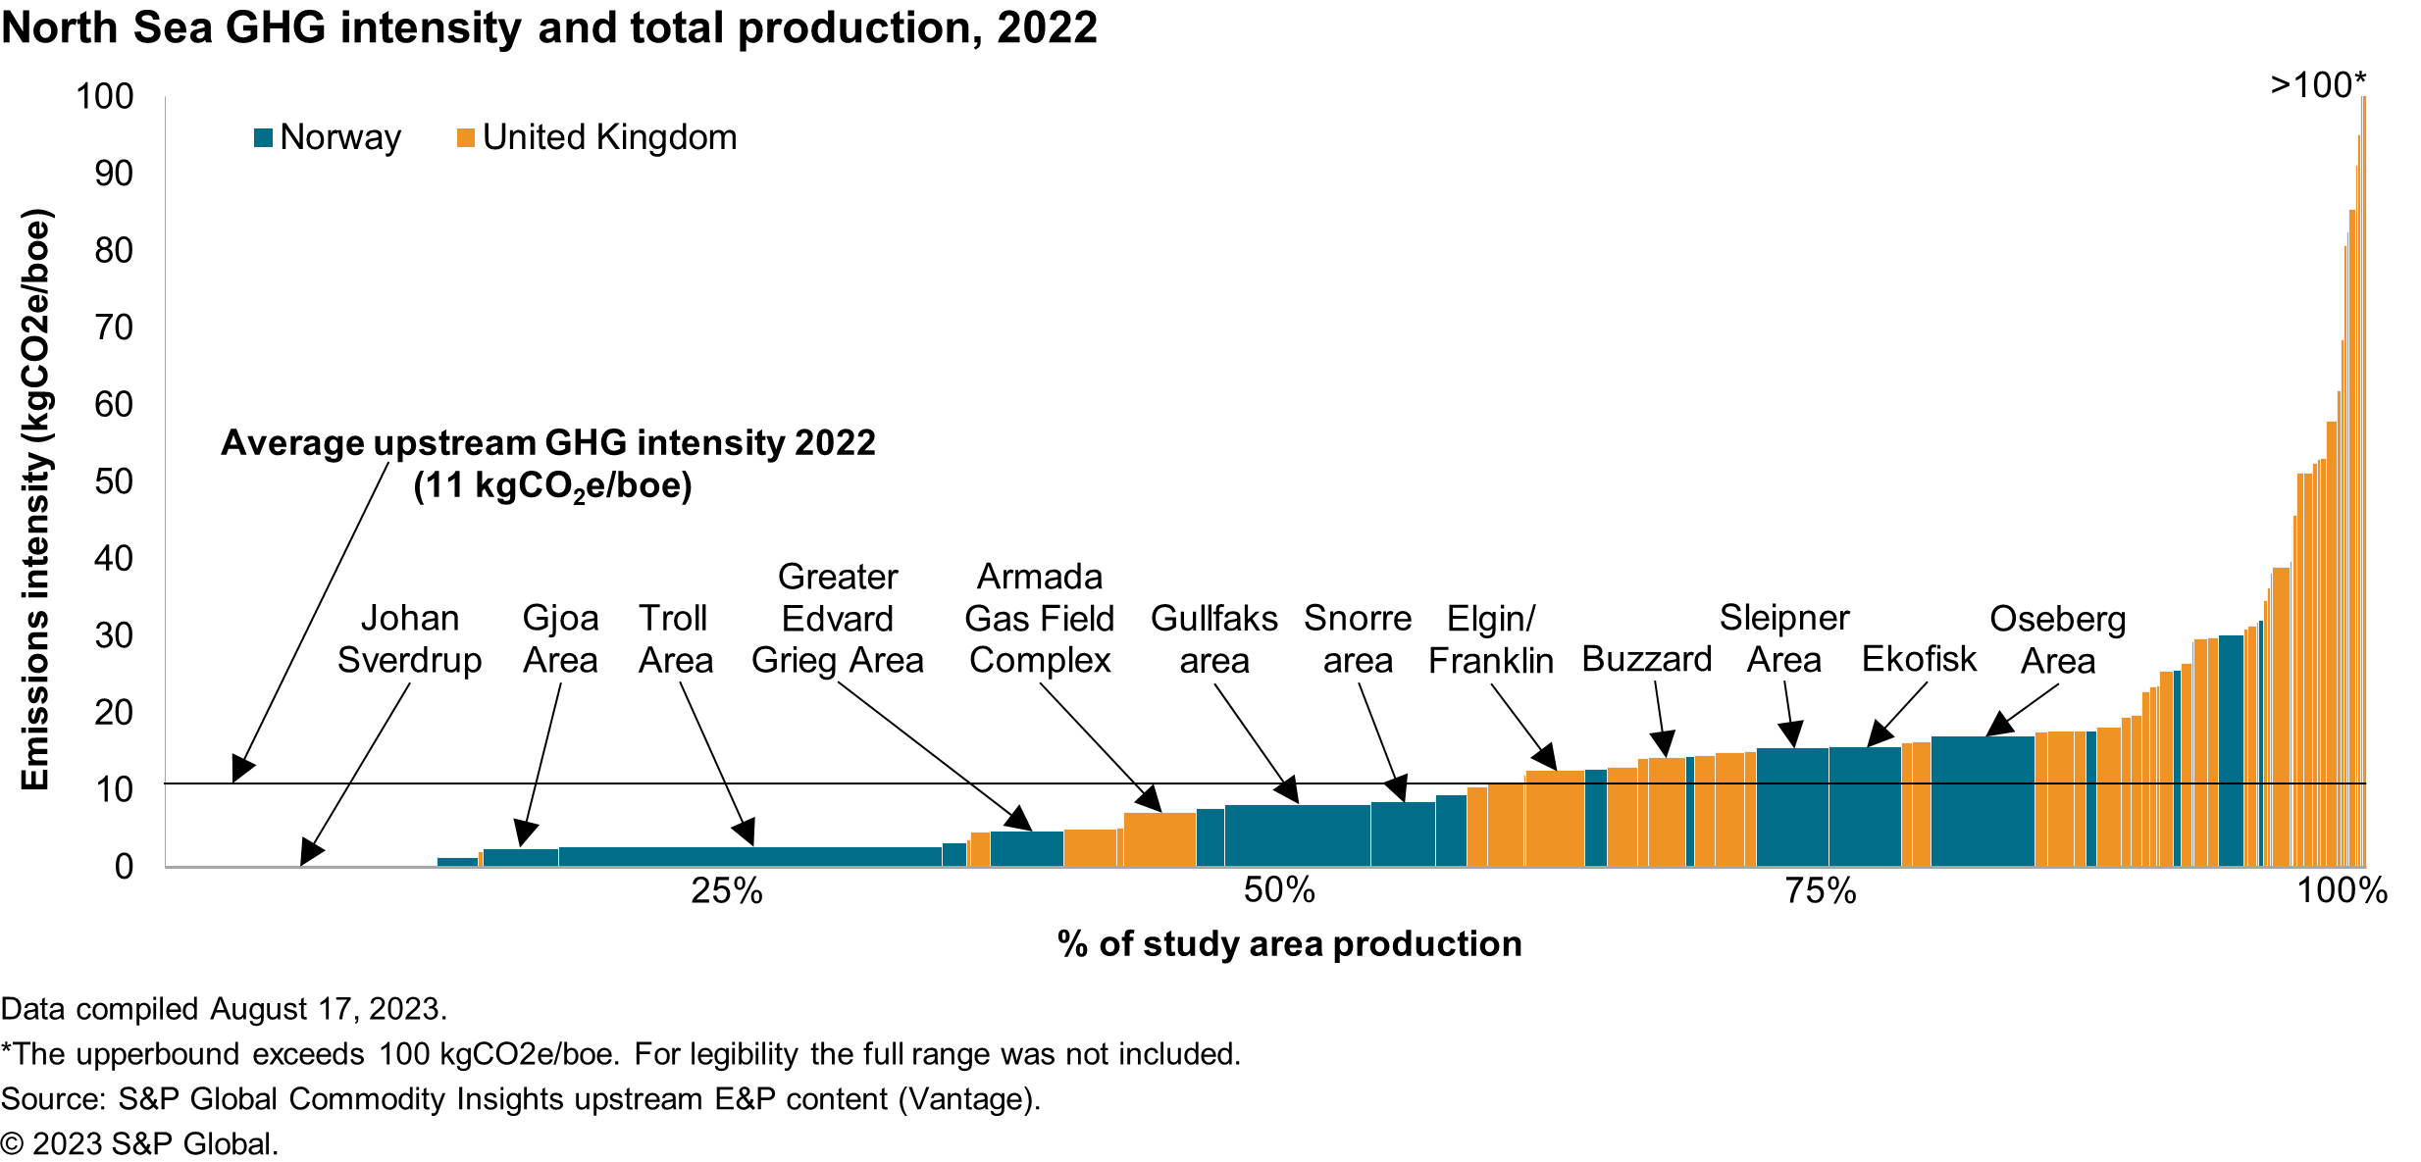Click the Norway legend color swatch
pyautogui.click(x=263, y=138)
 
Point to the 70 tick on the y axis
pyautogui.click(x=114, y=328)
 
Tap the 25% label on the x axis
pyautogui.click(x=726, y=890)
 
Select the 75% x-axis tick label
pyautogui.click(x=1820, y=890)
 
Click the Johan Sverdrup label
pyautogui.click(x=409, y=639)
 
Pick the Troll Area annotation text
pyautogui.click(x=675, y=639)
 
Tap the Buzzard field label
pyautogui.click(x=1646, y=660)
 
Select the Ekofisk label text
pyautogui.click(x=1919, y=660)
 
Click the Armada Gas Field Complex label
pyautogui.click(x=1040, y=619)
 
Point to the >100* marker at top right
pyautogui.click(x=2317, y=85)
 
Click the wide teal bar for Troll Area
pyautogui.click(x=750, y=856)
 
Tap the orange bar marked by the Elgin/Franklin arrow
pyautogui.click(x=1555, y=817)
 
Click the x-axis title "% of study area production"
pyautogui.click(x=1289, y=943)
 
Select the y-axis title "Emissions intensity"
pyautogui.click(x=35, y=500)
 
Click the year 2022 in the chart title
pyautogui.click(x=1047, y=27)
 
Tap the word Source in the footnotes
pyautogui.click(x=51, y=1099)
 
